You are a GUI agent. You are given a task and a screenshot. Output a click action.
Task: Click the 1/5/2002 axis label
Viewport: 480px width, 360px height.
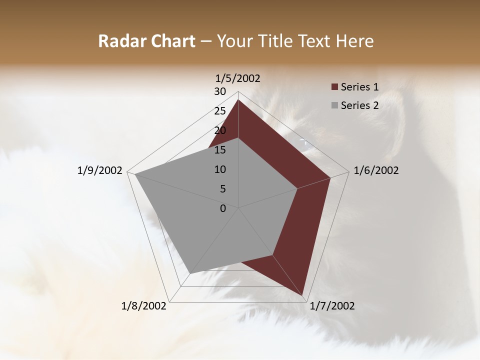click(237, 78)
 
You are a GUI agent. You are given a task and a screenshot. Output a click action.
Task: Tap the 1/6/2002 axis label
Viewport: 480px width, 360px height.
click(376, 170)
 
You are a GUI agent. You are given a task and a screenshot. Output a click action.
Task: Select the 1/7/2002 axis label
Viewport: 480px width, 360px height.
click(332, 306)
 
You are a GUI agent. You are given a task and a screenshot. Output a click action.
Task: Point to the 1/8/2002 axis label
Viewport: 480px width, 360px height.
click(144, 306)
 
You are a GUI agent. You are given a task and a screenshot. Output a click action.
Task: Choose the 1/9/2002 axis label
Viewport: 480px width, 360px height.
click(100, 170)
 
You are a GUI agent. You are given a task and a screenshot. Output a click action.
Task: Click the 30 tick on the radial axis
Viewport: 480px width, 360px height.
click(220, 91)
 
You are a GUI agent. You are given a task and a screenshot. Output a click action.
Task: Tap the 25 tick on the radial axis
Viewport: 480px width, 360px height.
click(220, 111)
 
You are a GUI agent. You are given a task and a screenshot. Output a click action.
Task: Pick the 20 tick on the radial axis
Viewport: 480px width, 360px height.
click(220, 130)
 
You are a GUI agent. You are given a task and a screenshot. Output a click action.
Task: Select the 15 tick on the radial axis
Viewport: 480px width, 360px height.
click(220, 150)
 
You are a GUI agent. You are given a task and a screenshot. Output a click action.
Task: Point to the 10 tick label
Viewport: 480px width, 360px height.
click(220, 169)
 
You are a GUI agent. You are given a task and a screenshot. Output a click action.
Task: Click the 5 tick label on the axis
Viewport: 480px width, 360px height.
click(222, 189)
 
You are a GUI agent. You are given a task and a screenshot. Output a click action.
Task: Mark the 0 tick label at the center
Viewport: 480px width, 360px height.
click(223, 208)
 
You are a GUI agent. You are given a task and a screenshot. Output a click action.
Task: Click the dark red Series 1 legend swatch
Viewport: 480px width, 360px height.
click(334, 87)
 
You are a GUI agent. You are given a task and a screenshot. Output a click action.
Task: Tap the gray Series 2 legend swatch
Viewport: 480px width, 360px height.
click(334, 105)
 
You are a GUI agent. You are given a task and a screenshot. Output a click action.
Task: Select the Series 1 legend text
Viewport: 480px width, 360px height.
click(359, 87)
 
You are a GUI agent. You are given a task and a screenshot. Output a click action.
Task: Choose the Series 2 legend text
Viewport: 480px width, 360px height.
click(359, 105)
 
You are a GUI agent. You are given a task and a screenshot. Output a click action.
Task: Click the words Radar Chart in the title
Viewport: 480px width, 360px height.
click(146, 41)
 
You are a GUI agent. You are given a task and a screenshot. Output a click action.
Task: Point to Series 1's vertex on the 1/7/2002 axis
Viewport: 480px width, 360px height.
click(302, 295)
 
